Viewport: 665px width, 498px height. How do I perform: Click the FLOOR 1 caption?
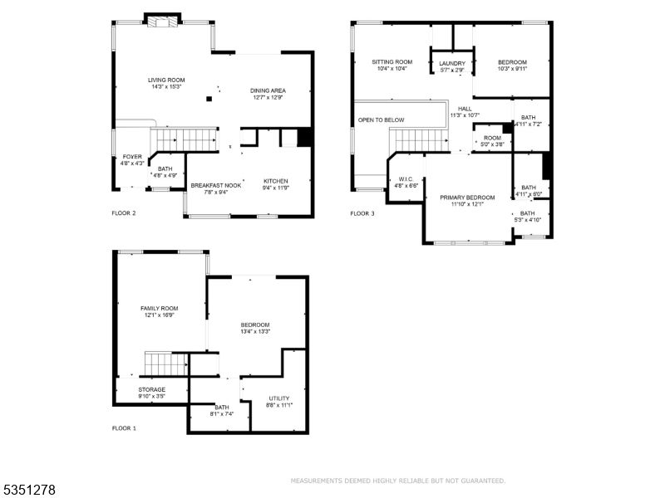124,428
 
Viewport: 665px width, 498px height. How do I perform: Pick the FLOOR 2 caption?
124,213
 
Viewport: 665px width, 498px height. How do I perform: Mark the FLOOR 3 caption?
362,213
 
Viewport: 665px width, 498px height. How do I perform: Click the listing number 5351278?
29,491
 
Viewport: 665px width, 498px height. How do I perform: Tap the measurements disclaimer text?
397,481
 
